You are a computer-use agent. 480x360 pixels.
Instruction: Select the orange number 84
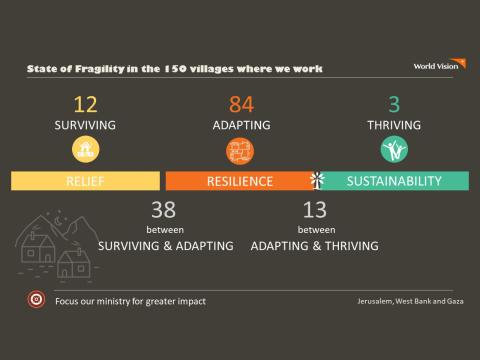click(x=241, y=104)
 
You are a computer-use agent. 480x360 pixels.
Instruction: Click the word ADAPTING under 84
click(x=241, y=126)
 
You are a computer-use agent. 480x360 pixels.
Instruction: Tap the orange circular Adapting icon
click(x=240, y=150)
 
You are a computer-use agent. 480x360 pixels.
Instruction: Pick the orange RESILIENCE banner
click(x=240, y=181)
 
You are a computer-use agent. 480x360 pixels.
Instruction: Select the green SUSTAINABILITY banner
click(x=394, y=181)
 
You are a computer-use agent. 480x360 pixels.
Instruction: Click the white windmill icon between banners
click(x=318, y=180)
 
